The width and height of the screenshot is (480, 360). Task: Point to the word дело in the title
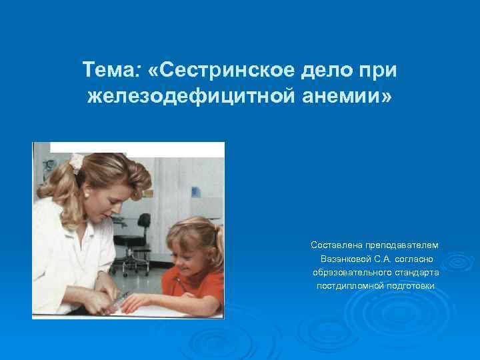pyautogui.click(x=322, y=69)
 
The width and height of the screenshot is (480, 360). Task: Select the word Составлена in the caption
pyautogui.click(x=337, y=246)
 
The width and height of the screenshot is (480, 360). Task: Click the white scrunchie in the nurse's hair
pyautogui.click(x=77, y=161)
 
